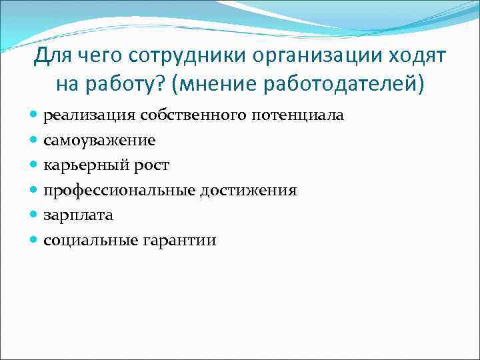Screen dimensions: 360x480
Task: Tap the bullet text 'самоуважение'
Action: click(99, 141)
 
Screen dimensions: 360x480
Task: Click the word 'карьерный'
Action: click(85, 165)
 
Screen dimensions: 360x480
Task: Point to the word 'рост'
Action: click(151, 165)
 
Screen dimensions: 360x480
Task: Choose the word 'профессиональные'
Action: click(119, 191)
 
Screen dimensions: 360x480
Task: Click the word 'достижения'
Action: click(248, 191)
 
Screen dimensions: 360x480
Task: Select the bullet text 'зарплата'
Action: click(78, 215)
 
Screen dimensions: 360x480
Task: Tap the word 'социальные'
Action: click(90, 241)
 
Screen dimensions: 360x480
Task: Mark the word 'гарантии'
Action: click(179, 241)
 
